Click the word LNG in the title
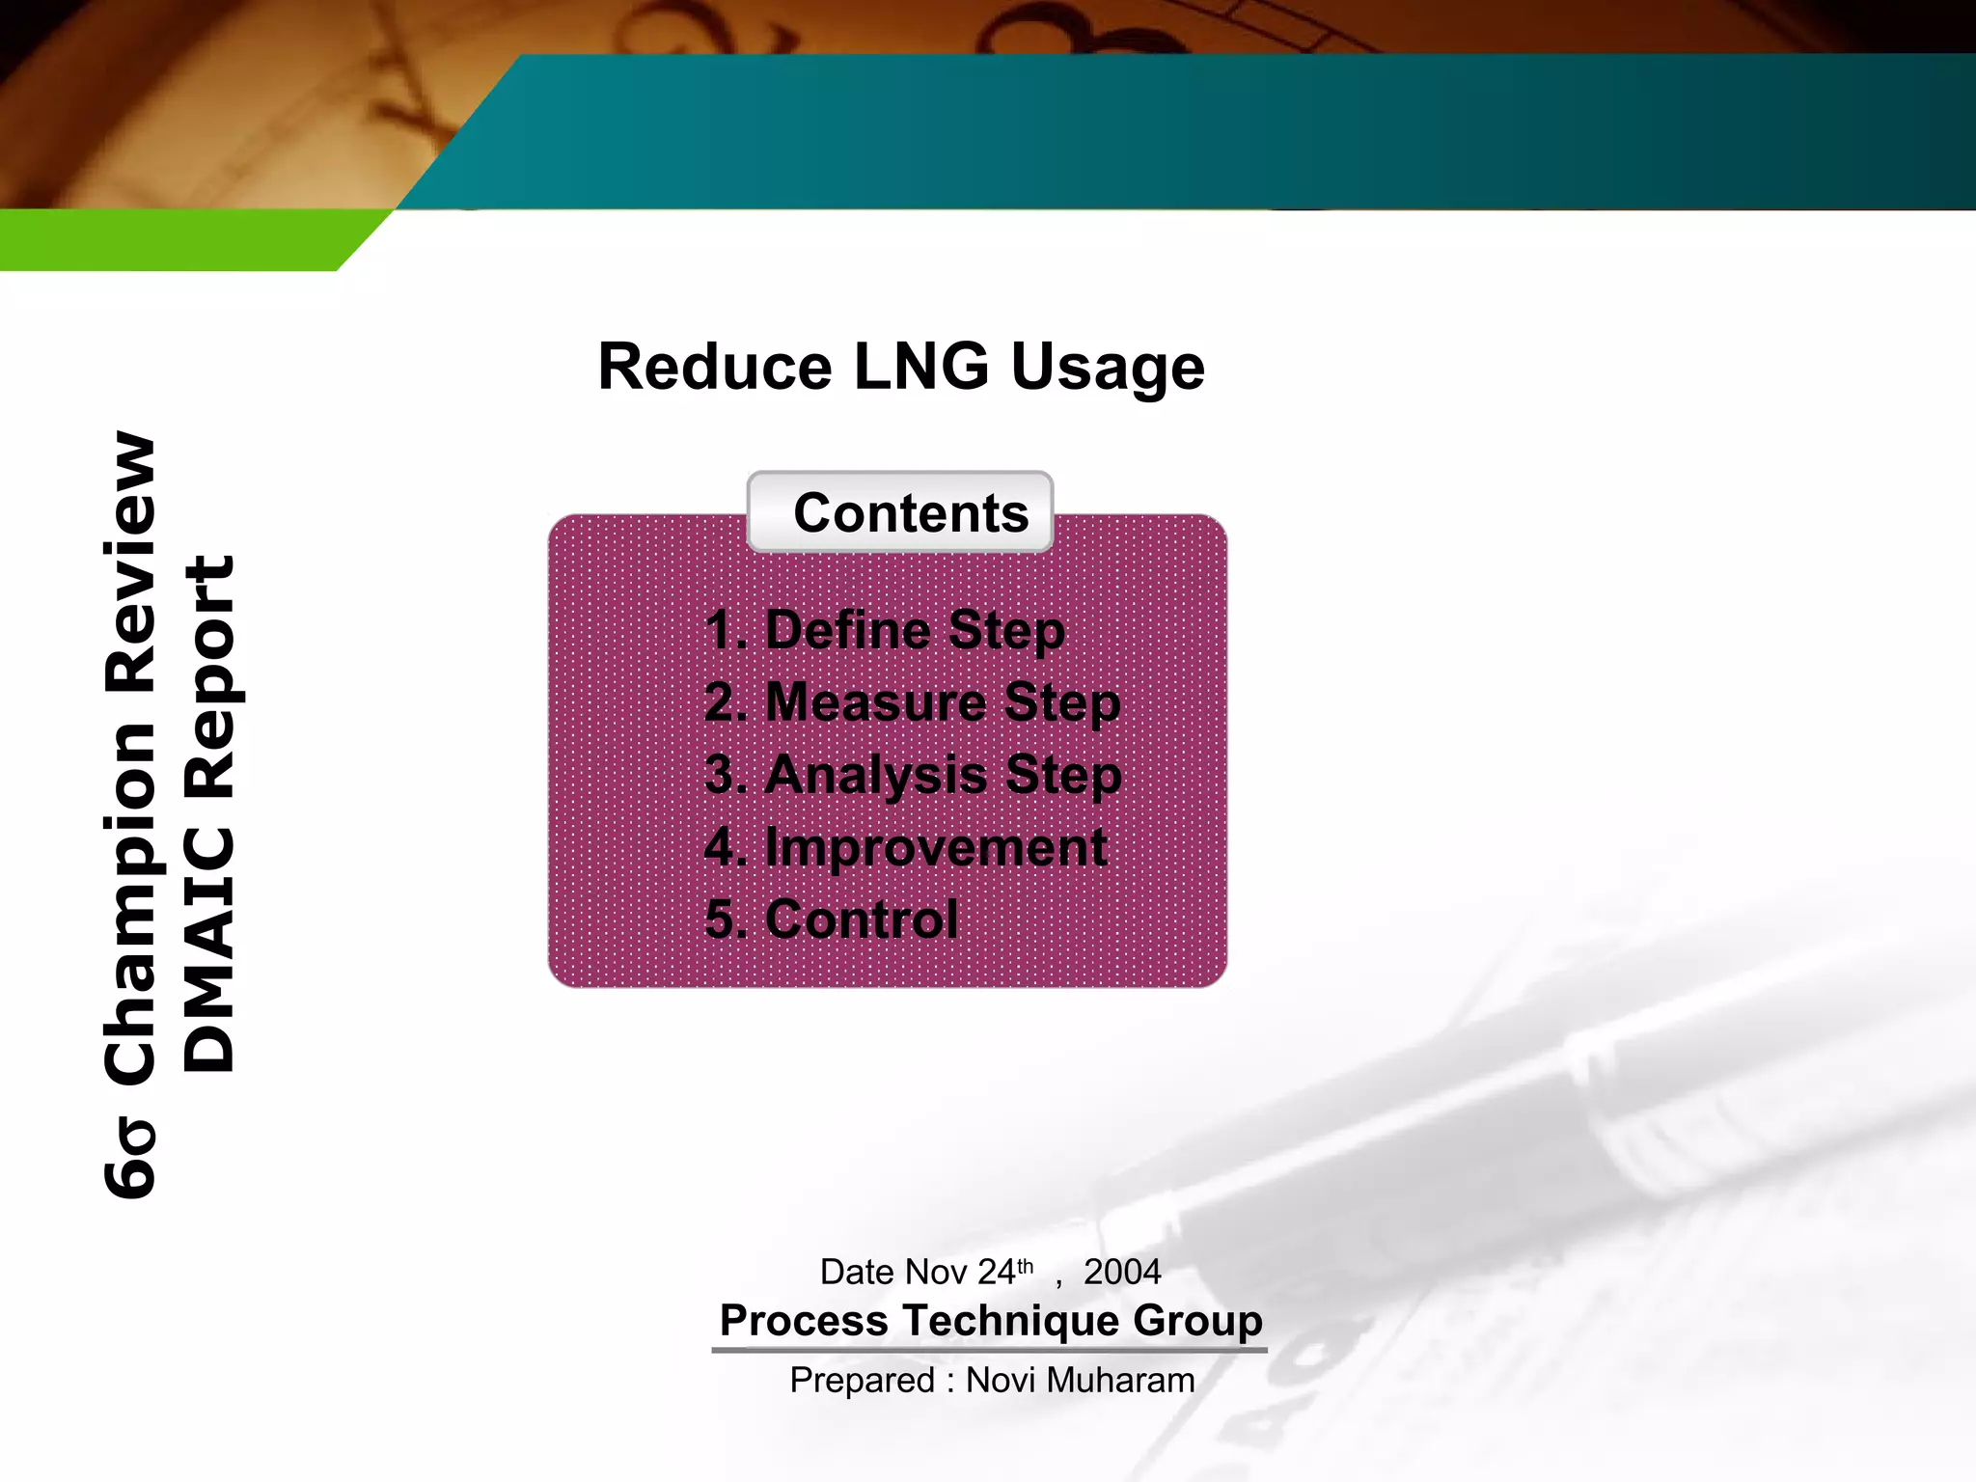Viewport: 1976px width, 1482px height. point(920,368)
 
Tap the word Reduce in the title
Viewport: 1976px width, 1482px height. point(714,368)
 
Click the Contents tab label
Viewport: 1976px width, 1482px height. point(910,512)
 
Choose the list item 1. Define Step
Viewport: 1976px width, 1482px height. point(885,630)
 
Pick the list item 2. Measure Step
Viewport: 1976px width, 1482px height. point(912,702)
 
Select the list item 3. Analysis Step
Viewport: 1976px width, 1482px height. point(913,775)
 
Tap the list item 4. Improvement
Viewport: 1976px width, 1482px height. point(905,848)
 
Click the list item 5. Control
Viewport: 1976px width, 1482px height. point(832,919)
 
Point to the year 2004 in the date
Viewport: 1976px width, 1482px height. point(1121,1272)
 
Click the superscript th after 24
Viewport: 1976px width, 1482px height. point(1025,1265)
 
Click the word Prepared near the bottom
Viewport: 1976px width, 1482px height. point(862,1381)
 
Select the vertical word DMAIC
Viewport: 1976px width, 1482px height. point(209,950)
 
